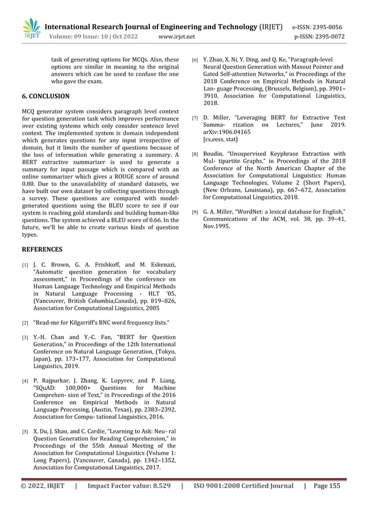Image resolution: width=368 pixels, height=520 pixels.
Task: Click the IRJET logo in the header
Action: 32,29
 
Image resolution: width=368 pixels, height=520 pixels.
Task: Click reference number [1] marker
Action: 25,265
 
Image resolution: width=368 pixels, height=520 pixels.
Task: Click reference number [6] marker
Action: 196,59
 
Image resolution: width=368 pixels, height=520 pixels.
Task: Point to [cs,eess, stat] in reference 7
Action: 220,140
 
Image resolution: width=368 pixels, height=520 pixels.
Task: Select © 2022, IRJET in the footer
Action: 43,486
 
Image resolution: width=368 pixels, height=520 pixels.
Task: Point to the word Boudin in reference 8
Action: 215,154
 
